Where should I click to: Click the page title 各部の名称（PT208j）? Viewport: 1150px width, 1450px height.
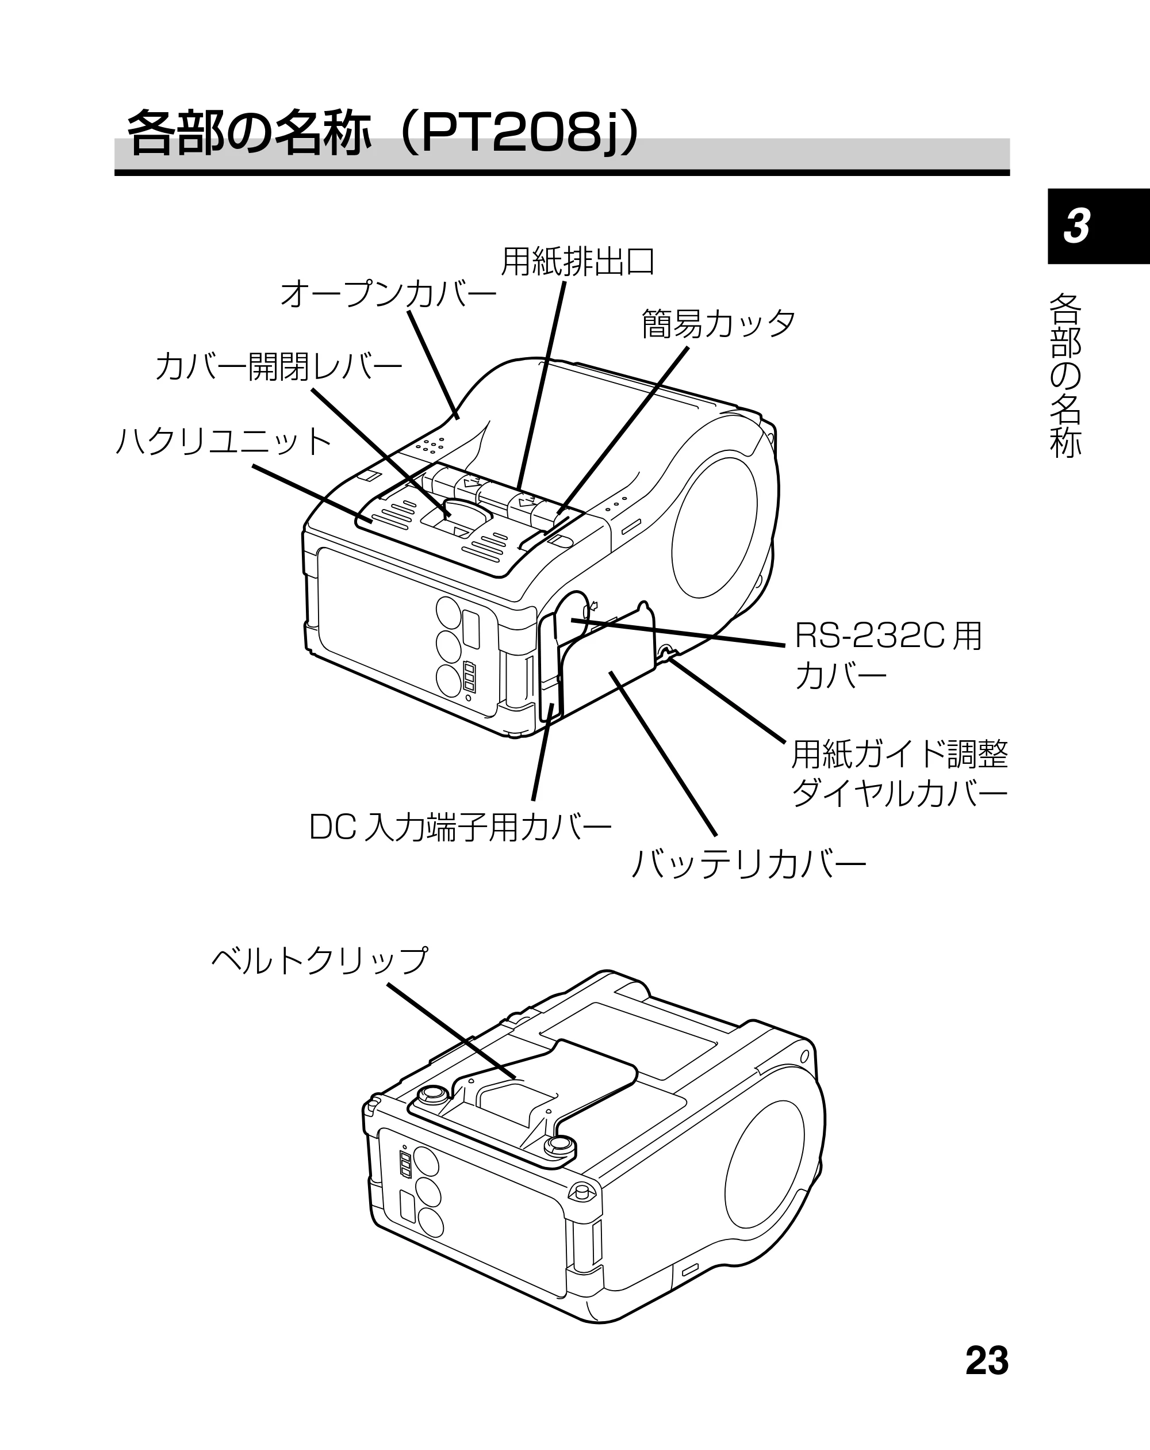[384, 132]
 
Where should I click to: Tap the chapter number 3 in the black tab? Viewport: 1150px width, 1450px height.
[1077, 226]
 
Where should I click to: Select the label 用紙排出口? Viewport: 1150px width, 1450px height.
[578, 262]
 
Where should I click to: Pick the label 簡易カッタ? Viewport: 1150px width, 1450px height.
[718, 323]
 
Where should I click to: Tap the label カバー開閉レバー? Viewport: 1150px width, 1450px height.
[278, 366]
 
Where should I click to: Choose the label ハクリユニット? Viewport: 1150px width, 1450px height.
[223, 442]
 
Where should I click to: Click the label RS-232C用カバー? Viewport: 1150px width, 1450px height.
[888, 656]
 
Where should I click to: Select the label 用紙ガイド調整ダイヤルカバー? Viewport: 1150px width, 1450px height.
[900, 774]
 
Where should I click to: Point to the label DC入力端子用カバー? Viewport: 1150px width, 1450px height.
[460, 827]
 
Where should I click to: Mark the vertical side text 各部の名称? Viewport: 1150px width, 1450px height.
[1066, 375]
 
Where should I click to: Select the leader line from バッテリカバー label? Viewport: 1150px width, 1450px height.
[662, 753]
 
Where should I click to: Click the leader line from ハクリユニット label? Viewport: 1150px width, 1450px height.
[313, 493]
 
